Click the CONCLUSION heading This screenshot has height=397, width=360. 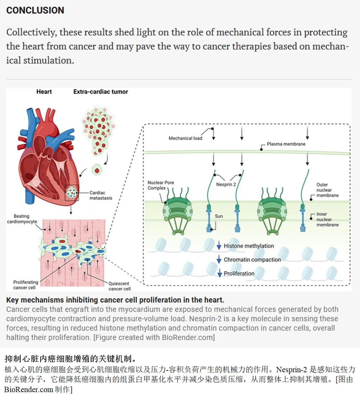[x=35, y=10]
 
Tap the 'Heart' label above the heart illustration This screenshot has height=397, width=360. [x=44, y=92]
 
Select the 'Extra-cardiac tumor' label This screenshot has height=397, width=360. [x=101, y=92]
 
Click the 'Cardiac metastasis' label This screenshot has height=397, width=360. [x=101, y=195]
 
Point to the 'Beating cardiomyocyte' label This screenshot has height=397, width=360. [x=22, y=219]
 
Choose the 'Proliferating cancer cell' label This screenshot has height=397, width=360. [x=26, y=285]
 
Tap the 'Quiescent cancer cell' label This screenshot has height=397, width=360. [x=120, y=286]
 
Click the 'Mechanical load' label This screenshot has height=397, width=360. [x=185, y=138]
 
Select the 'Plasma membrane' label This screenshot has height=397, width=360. [x=286, y=144]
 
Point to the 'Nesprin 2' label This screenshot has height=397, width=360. [x=226, y=184]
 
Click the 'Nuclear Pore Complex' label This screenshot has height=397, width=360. [x=161, y=185]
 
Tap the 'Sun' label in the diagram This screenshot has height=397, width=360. [x=219, y=216]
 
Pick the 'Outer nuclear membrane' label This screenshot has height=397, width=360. [x=327, y=190]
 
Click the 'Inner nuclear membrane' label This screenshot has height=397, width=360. [x=327, y=219]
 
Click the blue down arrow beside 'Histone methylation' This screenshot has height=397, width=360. [x=219, y=245]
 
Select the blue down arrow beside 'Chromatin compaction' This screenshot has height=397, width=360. [x=219, y=259]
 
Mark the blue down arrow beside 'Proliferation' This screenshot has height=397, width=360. [x=220, y=273]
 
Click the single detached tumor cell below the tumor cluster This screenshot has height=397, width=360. [x=97, y=170]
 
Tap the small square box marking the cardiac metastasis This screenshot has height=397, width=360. [x=72, y=193]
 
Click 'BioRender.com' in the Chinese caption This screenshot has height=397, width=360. [x=28, y=389]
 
